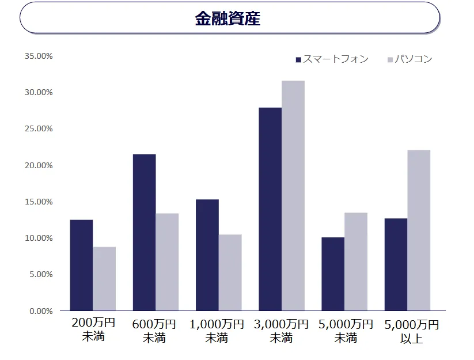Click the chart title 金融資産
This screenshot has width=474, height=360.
[227, 18]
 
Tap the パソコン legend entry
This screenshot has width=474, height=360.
[409, 59]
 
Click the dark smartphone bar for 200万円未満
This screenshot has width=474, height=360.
[81, 265]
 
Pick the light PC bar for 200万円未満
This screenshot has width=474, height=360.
[104, 279]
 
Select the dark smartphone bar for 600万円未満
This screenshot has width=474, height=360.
[144, 232]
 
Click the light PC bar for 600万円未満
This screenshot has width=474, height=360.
[167, 262]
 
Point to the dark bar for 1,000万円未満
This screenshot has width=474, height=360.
[207, 255]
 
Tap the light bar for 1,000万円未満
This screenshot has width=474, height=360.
[230, 272]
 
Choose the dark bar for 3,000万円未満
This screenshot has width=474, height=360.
[270, 209]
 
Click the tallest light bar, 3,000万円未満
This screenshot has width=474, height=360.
[293, 195]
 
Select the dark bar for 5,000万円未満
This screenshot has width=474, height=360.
[333, 274]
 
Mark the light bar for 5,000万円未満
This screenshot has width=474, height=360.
[356, 262]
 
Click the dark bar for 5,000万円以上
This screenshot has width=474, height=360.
[396, 264]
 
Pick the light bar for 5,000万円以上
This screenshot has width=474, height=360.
[419, 230]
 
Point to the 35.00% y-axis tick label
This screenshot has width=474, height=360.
[39, 56]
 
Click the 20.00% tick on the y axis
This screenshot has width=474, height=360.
[39, 165]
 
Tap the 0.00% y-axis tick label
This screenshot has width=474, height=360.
[40, 311]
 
